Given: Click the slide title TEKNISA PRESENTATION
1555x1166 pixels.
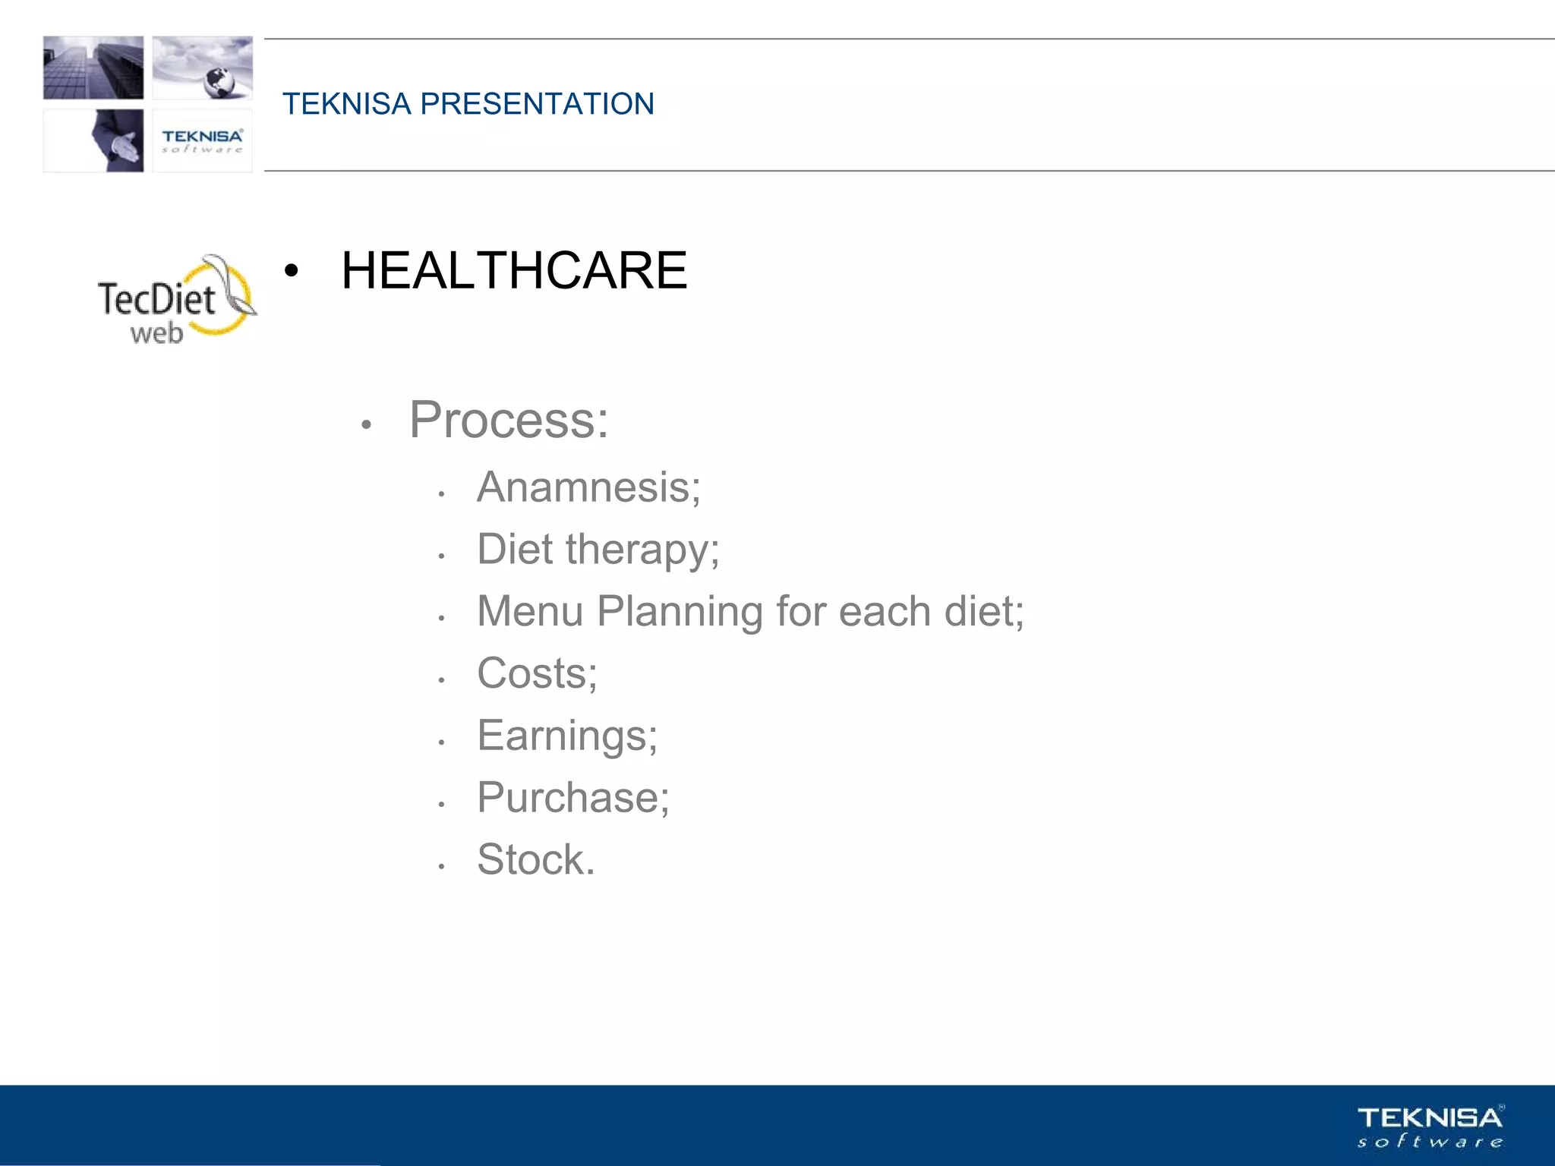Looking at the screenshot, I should pyautogui.click(x=468, y=104).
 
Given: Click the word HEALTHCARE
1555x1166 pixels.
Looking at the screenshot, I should pyautogui.click(x=514, y=271).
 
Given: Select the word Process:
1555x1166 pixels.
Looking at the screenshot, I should pyautogui.click(x=509, y=420).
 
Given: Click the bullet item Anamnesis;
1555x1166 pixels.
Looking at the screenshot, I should pyautogui.click(x=588, y=487).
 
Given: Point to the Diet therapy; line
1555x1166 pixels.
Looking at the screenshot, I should pyautogui.click(x=598, y=550).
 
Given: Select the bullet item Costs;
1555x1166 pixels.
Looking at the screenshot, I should pyautogui.click(x=537, y=674).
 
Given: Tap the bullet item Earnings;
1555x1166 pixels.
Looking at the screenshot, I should pyautogui.click(x=567, y=736).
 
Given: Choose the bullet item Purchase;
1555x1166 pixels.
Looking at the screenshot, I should pyautogui.click(x=572, y=798).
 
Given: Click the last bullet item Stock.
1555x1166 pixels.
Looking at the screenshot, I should pyautogui.click(x=535, y=860).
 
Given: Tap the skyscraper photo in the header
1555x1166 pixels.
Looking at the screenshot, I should pyautogui.click(x=93, y=68).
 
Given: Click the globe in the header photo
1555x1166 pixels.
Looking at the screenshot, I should pyautogui.click(x=219, y=81).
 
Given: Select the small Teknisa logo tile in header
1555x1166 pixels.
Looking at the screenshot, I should pyautogui.click(x=202, y=140).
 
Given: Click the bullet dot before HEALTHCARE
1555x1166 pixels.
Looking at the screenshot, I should pyautogui.click(x=291, y=272).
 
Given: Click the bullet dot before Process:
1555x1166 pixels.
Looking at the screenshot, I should pyautogui.click(x=366, y=425).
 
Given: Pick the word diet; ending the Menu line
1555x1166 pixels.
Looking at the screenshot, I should pyautogui.click(x=984, y=612).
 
